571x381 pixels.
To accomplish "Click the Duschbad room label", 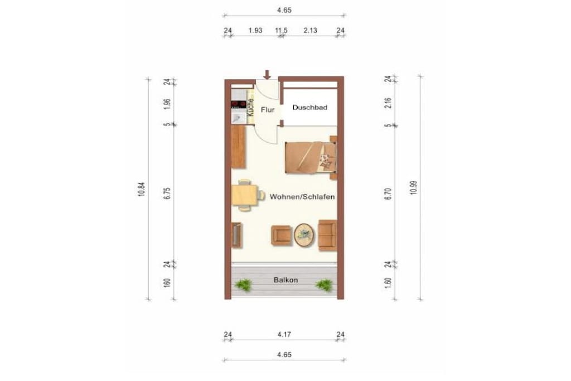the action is coord(310,108).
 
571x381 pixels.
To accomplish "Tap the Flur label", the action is coord(268,110).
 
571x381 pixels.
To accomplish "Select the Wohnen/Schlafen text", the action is coord(302,197).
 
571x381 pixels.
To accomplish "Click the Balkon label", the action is coord(286,280).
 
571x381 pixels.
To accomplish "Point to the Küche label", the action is coord(250,108).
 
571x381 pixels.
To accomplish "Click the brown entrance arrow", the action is coord(267,75).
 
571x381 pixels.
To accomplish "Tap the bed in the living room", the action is coord(311,157).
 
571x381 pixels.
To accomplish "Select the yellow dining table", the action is coord(244,195).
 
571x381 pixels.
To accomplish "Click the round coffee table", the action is coord(304,235).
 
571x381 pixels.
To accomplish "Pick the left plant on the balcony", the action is coord(243,285).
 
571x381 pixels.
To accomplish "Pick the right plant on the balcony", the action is coord(324,285).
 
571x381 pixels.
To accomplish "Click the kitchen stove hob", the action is coord(239,105).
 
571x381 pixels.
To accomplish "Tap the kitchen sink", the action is coord(239,117).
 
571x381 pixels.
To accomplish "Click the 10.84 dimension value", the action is coord(142,190).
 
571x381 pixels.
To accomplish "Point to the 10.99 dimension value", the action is coord(414,187).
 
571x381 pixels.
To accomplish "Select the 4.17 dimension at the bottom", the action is coord(284,334).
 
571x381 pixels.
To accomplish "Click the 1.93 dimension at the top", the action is coord(255,30).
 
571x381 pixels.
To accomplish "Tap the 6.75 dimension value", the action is coord(167,193).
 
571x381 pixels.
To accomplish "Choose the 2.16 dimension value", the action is coord(388,103).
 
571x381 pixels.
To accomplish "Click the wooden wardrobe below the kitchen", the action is coord(239,147).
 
